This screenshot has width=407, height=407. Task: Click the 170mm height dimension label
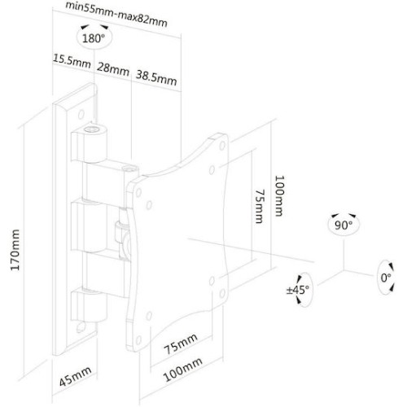15,250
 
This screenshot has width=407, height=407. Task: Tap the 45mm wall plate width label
76,376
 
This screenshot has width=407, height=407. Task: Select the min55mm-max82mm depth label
116,14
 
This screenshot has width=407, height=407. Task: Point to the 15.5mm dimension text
72,62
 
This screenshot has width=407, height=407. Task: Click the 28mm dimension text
113,69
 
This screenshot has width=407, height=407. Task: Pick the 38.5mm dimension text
156,78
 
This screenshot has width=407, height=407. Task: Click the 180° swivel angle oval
94,38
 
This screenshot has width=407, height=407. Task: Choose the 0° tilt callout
386,278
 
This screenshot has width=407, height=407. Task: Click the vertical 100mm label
279,195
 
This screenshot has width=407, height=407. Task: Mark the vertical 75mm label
260,206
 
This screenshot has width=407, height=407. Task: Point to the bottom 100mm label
182,370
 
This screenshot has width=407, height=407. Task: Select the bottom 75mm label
181,344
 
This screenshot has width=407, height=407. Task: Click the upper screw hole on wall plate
81,114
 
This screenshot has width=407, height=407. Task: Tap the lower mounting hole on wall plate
81,327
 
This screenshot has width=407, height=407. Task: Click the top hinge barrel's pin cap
91,129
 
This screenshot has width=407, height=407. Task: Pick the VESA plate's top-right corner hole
222,146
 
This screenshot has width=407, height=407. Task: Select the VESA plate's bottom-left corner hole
138,339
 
